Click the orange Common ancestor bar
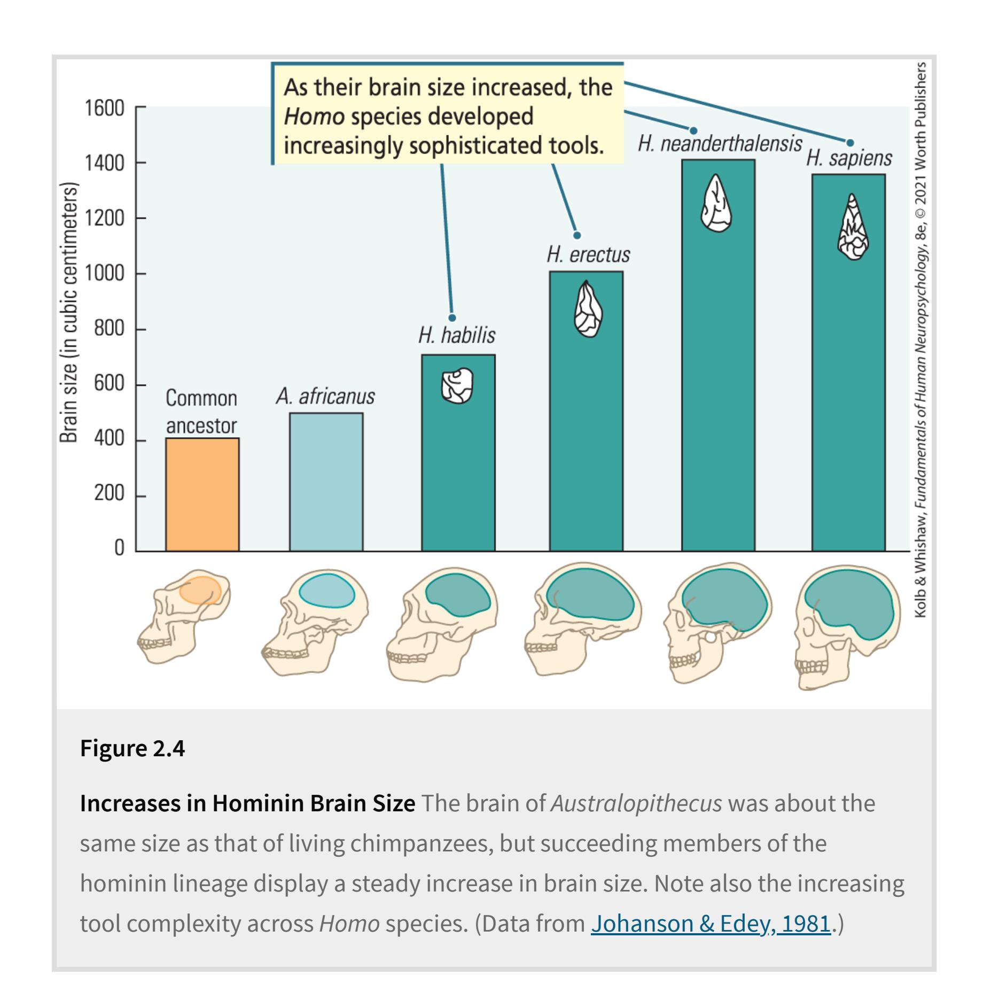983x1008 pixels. [202, 494]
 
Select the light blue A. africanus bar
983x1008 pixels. [326, 482]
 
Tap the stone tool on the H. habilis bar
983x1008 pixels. [457, 385]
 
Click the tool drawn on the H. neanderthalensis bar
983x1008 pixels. [716, 203]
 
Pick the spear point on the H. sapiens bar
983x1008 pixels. [853, 227]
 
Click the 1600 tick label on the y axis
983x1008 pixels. [104, 108]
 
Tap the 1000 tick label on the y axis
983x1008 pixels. [104, 274]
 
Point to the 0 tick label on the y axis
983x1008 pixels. [119, 548]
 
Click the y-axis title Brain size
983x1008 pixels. [68, 313]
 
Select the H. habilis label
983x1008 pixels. [457, 336]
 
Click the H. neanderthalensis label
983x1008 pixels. [720, 144]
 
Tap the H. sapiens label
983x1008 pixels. [849, 158]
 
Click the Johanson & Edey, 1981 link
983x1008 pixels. [711, 924]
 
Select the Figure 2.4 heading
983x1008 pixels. [132, 748]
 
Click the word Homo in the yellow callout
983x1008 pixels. [314, 117]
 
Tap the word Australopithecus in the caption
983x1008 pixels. [636, 803]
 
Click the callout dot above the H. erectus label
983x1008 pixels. [577, 236]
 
